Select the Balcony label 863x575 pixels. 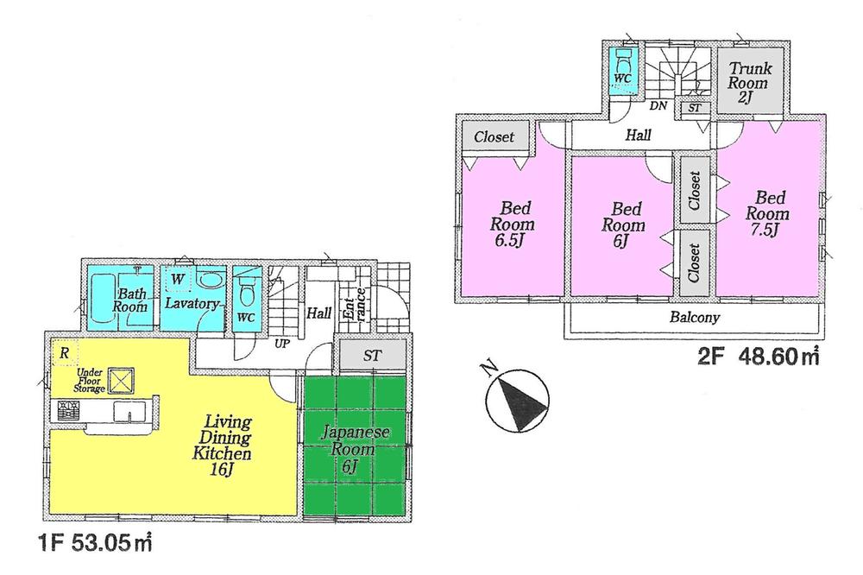(x=695, y=318)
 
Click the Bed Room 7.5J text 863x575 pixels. (x=767, y=214)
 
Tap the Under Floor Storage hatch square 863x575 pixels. (x=123, y=379)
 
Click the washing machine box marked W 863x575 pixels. (x=178, y=279)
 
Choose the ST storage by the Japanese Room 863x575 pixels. (x=371, y=355)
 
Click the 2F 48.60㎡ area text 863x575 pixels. (x=758, y=356)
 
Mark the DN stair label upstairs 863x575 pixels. (x=658, y=107)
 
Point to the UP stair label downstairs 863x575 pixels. (x=281, y=344)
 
